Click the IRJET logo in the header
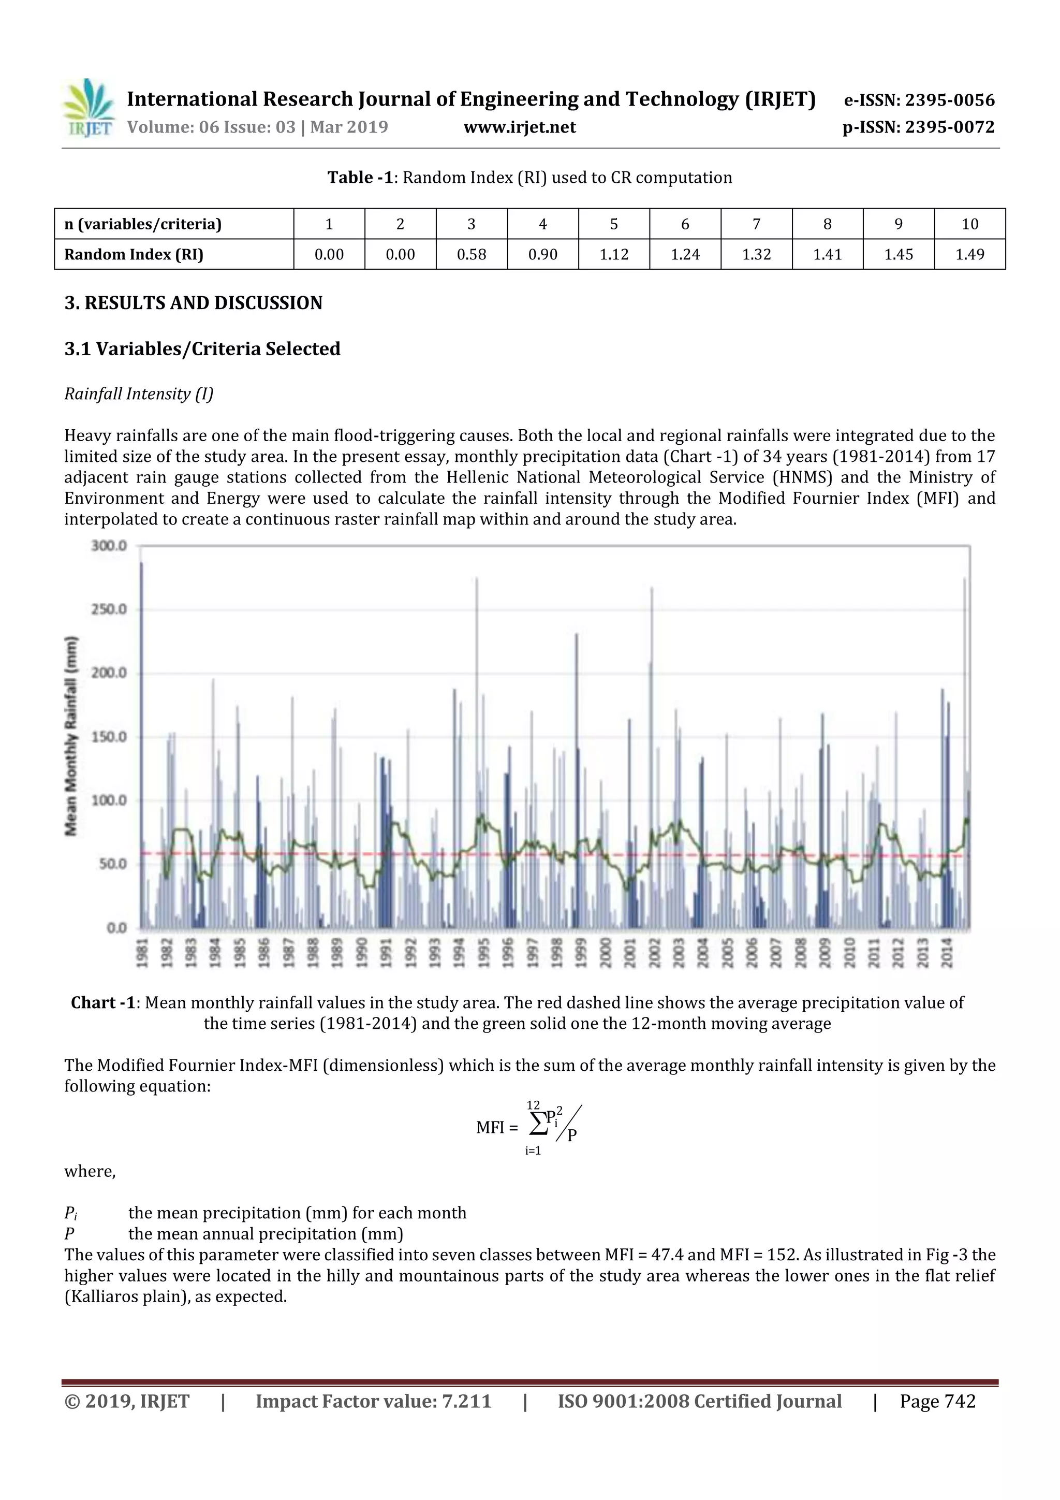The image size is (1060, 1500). tap(87, 108)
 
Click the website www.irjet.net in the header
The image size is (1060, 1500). tap(519, 127)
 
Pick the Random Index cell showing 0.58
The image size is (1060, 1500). tap(471, 254)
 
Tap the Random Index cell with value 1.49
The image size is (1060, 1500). tap(969, 254)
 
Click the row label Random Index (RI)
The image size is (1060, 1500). tap(134, 254)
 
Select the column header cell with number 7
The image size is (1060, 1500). tap(756, 224)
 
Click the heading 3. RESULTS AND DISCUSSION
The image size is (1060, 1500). tap(194, 303)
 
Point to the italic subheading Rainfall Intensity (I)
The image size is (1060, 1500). tap(139, 394)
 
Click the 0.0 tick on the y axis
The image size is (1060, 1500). tap(117, 928)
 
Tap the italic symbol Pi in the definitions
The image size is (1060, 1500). tap(70, 1213)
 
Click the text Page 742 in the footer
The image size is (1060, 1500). tap(937, 1401)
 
